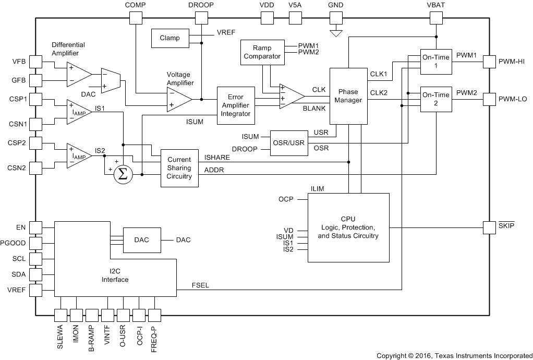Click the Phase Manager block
[x=348, y=96]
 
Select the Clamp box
[x=169, y=38]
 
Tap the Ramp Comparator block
[x=263, y=52]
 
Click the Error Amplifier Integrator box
[x=236, y=105]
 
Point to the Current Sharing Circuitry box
[x=179, y=168]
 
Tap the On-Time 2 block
[x=435, y=99]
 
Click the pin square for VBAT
[x=435, y=18]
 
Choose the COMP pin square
[x=135, y=18]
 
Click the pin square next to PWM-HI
[x=489, y=61]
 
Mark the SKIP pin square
[x=489, y=227]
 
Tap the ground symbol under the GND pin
[x=336, y=34]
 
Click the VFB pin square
[x=35, y=61]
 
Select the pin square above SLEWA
[x=61, y=315]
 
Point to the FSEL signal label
[x=200, y=285]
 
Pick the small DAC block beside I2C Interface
[x=142, y=240]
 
